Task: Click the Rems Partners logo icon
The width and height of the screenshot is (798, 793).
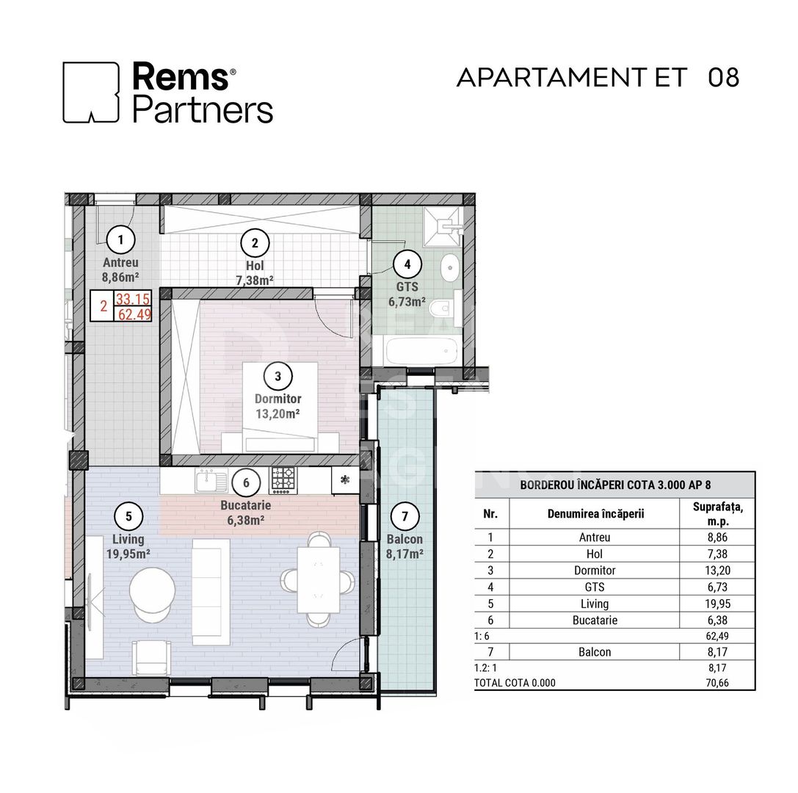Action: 91,92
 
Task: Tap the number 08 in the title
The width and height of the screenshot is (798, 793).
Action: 723,77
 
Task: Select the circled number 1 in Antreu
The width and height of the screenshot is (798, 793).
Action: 121,239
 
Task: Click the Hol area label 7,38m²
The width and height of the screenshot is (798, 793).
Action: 255,280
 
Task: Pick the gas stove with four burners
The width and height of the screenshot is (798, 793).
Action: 283,480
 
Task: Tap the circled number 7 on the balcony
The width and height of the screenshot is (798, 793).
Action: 405,517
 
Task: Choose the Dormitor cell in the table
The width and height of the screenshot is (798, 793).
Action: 594,571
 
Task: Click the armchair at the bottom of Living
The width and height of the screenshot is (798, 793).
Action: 152,656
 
